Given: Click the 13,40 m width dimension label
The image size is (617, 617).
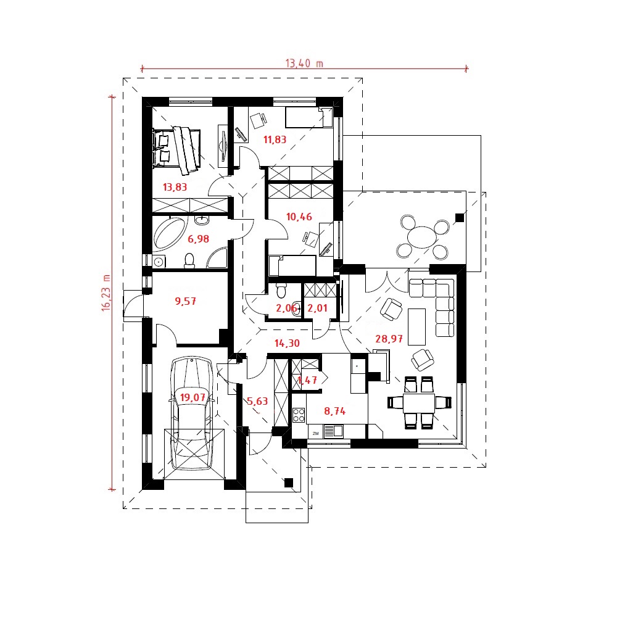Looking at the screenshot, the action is (304, 64).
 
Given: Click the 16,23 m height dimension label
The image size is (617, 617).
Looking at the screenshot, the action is (106, 293).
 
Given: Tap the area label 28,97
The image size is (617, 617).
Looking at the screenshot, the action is (389, 339).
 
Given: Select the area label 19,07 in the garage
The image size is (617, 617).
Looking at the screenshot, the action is (193, 397).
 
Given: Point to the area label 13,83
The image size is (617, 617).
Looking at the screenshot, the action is (175, 188).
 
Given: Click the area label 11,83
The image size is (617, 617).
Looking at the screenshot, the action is (275, 139).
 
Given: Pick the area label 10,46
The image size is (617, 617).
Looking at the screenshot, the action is (299, 217).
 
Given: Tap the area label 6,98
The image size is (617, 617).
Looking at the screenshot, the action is (198, 239).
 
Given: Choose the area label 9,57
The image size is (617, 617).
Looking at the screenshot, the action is (185, 302).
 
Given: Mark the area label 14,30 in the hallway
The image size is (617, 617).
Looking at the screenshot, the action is (287, 344).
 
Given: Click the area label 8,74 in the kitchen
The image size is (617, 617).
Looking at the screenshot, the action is (335, 412).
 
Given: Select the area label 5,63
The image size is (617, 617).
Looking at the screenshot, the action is (257, 402).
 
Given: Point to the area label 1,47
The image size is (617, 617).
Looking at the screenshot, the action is (307, 381).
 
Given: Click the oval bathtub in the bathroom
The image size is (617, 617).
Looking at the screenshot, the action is (170, 233).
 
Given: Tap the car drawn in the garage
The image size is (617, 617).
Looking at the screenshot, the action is (192, 413).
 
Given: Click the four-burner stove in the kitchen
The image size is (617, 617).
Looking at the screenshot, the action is (299, 415).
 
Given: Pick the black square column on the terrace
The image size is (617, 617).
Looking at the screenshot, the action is (460, 218).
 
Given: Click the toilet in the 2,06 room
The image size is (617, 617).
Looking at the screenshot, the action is (281, 290).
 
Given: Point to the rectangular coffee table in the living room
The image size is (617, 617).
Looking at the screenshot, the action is (416, 326).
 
